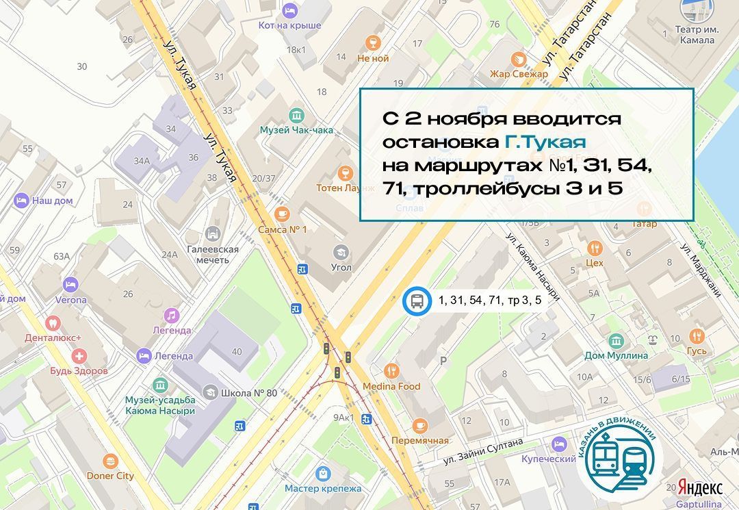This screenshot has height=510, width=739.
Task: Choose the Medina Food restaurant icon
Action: tap(391, 370)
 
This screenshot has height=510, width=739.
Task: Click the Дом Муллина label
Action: tap(616, 355)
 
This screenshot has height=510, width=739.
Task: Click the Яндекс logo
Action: tap(700, 487)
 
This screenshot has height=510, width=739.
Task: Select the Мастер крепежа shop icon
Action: tap(323, 473)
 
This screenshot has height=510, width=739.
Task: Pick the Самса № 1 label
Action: tap(282, 229)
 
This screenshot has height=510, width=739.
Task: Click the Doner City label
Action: tap(110, 475)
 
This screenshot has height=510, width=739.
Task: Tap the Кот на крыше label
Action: tap(289, 25)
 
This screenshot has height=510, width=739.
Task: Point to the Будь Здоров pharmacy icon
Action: tap(79, 356)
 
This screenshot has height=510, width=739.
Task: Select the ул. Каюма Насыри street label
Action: tap(533, 266)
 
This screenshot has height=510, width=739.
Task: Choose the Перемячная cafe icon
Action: tap(420, 424)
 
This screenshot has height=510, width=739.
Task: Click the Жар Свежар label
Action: tap(519, 73)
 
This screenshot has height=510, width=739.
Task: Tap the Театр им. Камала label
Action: tap(695, 35)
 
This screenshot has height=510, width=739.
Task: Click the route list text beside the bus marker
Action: tap(490, 300)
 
